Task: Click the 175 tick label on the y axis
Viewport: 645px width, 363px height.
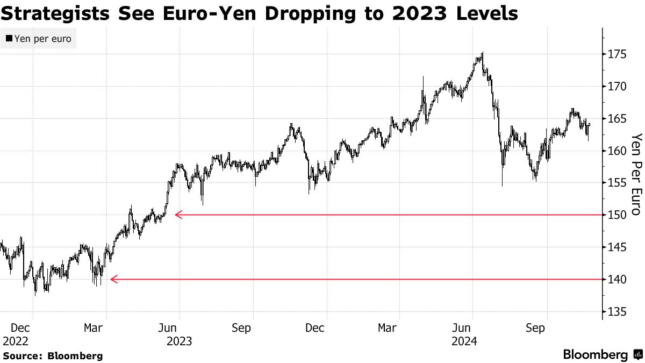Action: click(617, 54)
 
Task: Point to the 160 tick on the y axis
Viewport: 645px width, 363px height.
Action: click(617, 151)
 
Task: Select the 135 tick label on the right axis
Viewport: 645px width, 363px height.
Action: click(617, 311)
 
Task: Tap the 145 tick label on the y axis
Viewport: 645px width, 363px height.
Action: click(617, 247)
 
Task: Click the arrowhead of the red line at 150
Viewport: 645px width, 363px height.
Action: click(178, 215)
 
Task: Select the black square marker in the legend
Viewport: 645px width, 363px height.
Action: click(9, 39)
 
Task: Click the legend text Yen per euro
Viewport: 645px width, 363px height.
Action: click(42, 39)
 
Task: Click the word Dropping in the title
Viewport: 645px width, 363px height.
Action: click(300, 13)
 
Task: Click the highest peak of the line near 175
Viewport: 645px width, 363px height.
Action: click(482, 53)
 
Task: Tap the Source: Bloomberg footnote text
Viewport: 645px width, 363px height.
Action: click(52, 355)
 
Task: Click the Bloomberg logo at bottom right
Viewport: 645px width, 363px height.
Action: click(602, 355)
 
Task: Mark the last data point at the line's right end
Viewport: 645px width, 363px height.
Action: click(590, 124)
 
